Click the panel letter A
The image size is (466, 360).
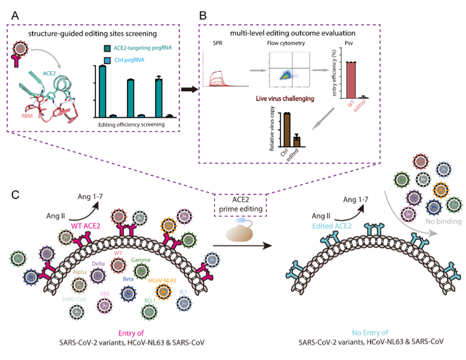point(15,15)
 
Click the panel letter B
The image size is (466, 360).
point(203,15)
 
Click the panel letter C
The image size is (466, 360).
point(15,195)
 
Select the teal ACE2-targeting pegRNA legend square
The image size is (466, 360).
point(107,48)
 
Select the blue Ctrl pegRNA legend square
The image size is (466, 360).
point(107,60)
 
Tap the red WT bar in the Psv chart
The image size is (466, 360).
point(351,80)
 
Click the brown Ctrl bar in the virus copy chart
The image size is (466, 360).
point(287,130)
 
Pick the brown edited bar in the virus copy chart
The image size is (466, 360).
point(297,141)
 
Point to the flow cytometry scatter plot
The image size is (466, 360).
point(289,69)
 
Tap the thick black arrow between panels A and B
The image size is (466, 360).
point(189,89)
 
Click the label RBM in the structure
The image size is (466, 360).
point(27,116)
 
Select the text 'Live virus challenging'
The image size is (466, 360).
point(285,99)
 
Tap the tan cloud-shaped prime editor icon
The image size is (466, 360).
point(240,232)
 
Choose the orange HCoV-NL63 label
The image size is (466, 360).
point(162,280)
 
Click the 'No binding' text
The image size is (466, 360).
point(443,221)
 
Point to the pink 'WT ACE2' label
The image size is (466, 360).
point(86,226)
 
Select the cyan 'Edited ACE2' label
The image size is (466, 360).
point(332,226)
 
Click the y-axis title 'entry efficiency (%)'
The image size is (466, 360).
point(334,73)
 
